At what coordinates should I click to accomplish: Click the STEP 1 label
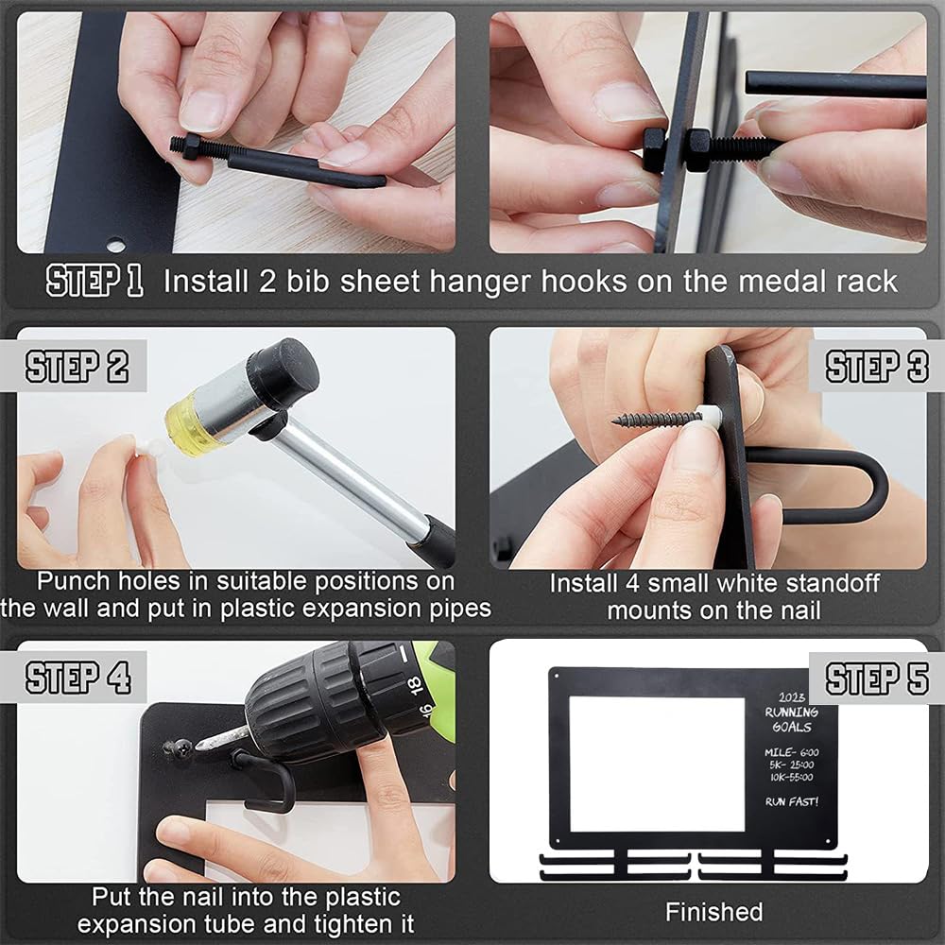(94, 281)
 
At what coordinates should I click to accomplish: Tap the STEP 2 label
(77, 366)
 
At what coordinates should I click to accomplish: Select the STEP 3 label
(877, 366)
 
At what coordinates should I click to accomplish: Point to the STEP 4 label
(77, 678)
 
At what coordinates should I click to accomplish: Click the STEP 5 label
(877, 679)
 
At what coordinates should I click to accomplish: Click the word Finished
(714, 912)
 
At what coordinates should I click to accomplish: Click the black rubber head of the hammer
(283, 369)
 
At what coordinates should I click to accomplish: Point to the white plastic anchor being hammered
(148, 448)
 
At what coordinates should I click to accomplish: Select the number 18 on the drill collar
(414, 684)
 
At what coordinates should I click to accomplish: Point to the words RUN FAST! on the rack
(792, 801)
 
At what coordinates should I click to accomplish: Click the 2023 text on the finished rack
(791, 697)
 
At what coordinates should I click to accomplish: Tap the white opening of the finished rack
(657, 765)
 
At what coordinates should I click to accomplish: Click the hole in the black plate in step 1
(116, 246)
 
